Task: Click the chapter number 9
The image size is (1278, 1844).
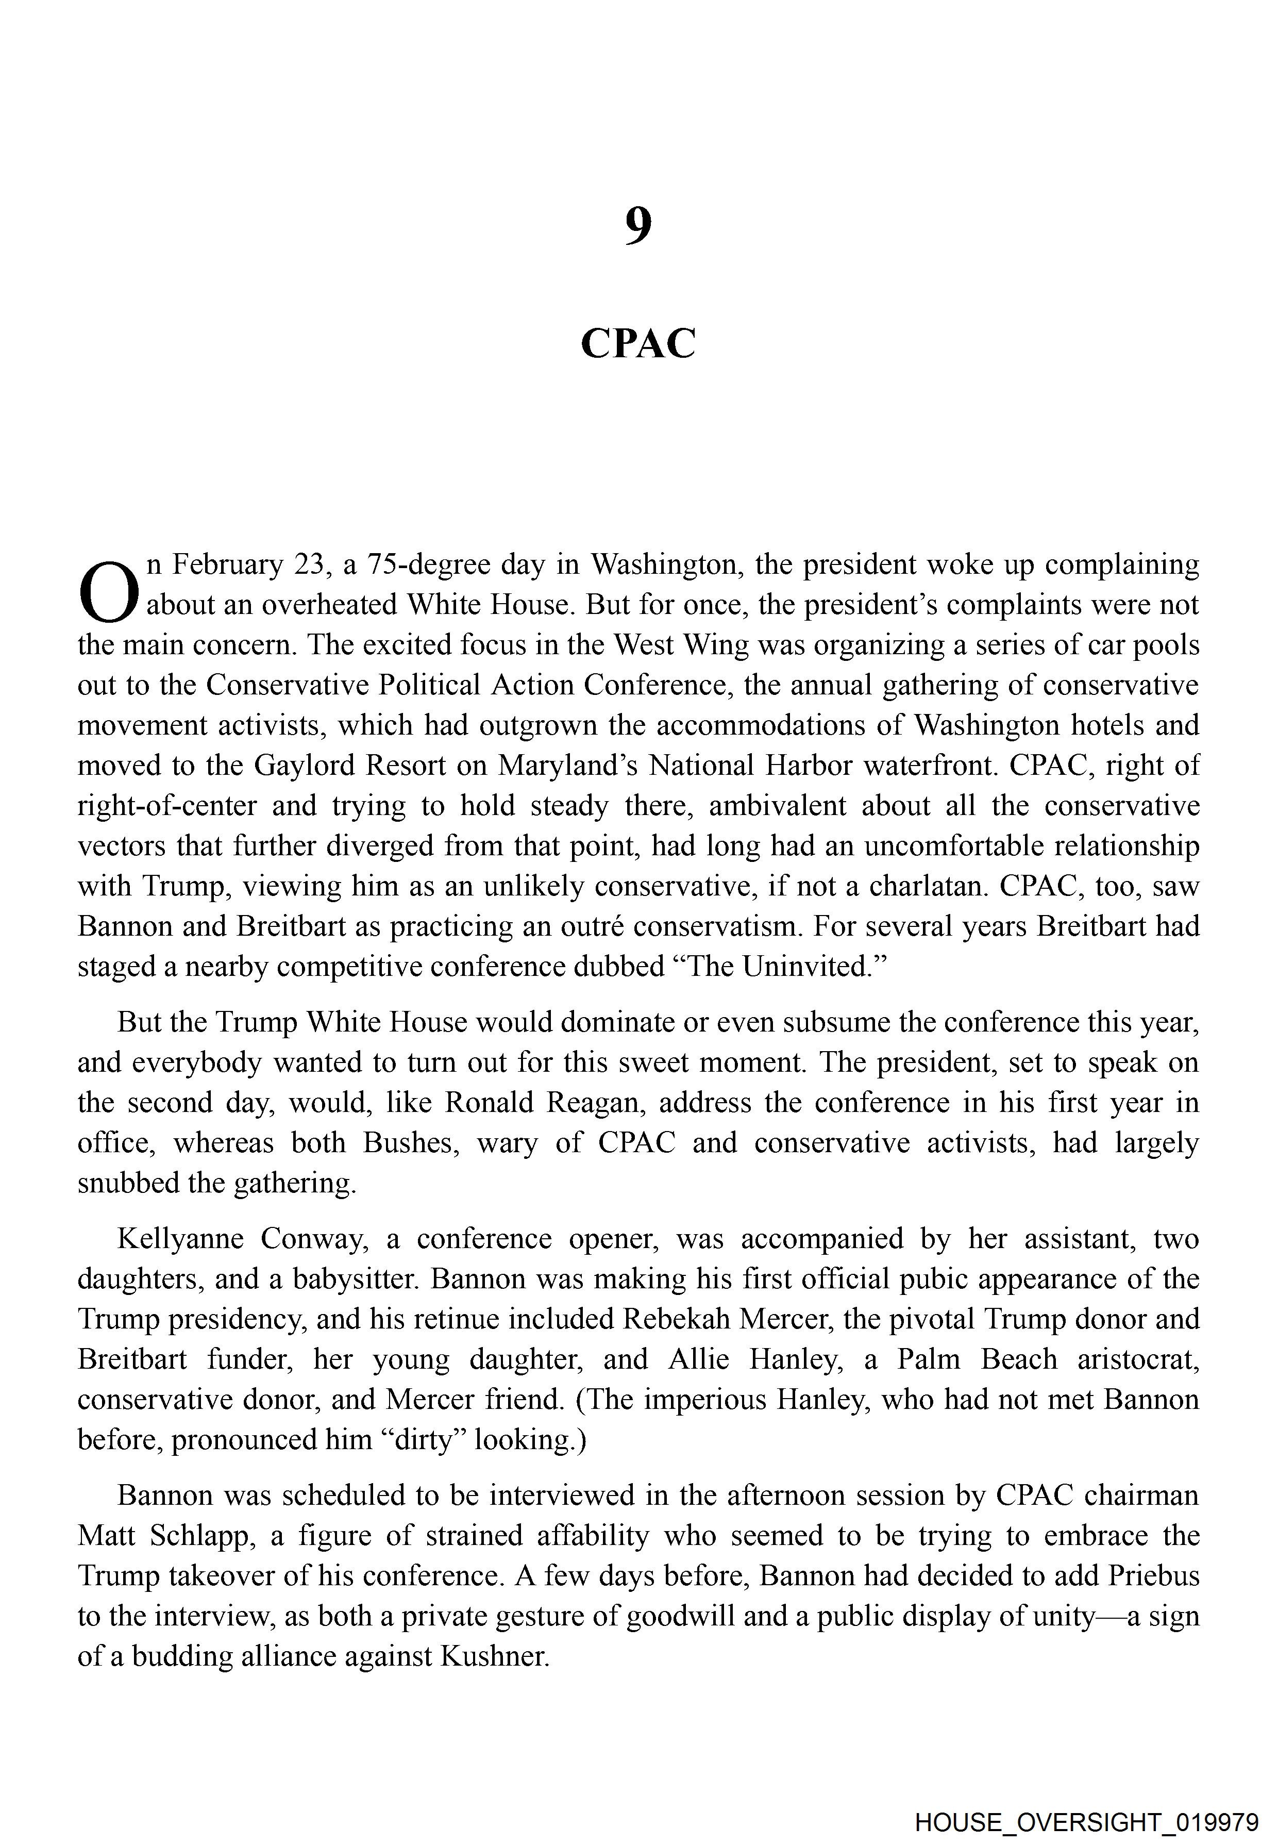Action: coord(638,227)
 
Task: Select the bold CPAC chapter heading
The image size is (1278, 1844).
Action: coord(638,344)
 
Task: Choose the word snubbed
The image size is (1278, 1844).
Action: coord(128,1183)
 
